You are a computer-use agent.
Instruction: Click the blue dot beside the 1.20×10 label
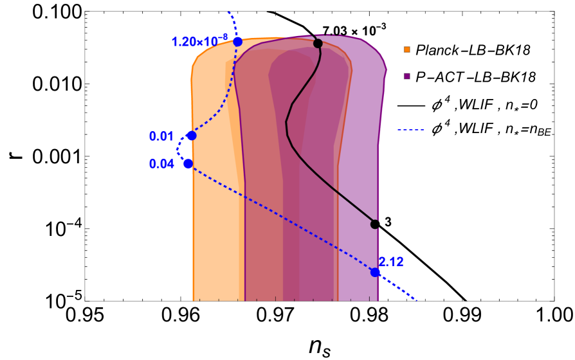pyautogui.click(x=237, y=42)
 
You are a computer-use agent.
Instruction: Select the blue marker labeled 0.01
pyautogui.click(x=192, y=136)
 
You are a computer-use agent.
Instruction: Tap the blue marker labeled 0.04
pyautogui.click(x=188, y=164)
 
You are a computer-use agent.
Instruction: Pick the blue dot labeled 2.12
pyautogui.click(x=375, y=273)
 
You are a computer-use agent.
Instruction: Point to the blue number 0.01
pyautogui.click(x=161, y=136)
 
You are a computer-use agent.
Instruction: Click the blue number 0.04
pyautogui.click(x=161, y=164)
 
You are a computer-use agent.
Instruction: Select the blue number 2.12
pyautogui.click(x=391, y=262)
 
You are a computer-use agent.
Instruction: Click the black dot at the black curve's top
pyautogui.click(x=318, y=43)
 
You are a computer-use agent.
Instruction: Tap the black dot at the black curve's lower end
pyautogui.click(x=375, y=224)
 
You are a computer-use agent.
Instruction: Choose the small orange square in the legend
pyautogui.click(x=406, y=50)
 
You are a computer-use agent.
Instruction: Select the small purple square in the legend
pyautogui.click(x=406, y=76)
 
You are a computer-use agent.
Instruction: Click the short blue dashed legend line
pyautogui.click(x=410, y=130)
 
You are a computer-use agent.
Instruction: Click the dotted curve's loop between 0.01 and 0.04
pyautogui.click(x=178, y=150)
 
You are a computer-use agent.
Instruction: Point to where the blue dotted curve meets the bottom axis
pyautogui.click(x=417, y=300)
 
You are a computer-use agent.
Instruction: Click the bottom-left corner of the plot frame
pyautogui.click(x=85, y=301)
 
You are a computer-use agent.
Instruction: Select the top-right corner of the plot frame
pyautogui.click(x=554, y=12)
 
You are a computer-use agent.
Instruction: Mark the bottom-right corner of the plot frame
pyautogui.click(x=554, y=301)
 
